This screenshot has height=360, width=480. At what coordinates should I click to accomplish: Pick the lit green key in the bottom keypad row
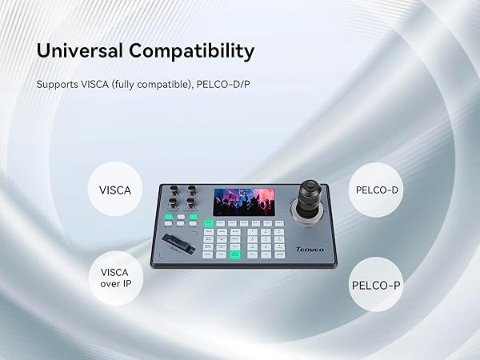pos(235,254)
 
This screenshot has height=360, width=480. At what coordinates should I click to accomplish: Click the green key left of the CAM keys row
pos(209,223)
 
